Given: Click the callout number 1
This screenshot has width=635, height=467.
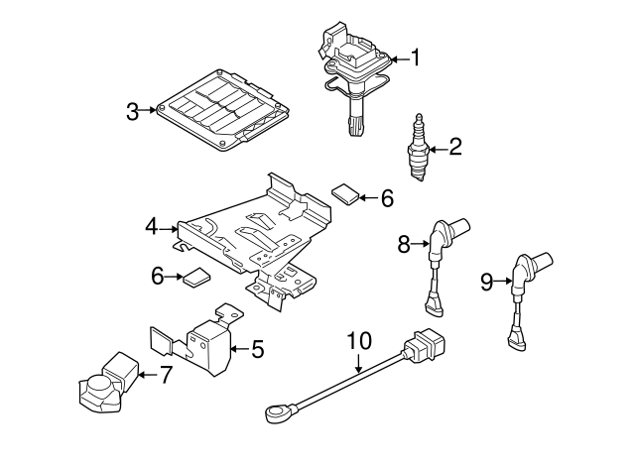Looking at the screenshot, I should (416, 58).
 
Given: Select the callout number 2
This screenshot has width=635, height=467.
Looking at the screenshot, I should (455, 148).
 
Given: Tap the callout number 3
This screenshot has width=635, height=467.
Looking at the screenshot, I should (133, 111).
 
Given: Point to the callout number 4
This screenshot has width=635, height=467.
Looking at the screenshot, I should (151, 227).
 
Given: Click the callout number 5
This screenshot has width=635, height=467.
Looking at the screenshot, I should (257, 348).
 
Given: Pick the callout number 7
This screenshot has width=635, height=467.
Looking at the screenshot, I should (166, 374).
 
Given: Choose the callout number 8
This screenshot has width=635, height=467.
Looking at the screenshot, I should (405, 244).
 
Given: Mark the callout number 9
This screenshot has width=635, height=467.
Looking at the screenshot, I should (486, 283).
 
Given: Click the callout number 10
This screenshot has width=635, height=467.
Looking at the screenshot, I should (358, 341).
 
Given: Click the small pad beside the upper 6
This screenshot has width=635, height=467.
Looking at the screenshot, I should (344, 194).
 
